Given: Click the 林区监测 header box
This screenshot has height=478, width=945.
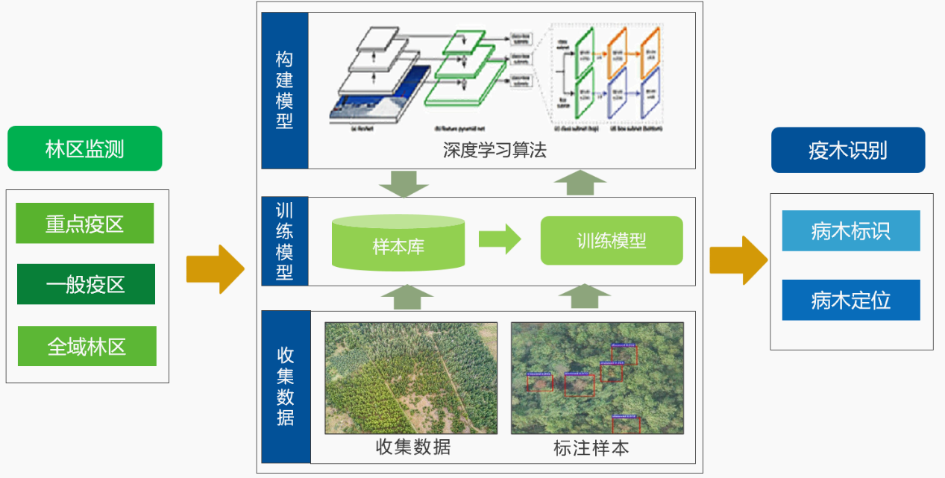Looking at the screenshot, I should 84,148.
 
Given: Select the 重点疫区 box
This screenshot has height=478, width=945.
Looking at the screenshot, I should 85,223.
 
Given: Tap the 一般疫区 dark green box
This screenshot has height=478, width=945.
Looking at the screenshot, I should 86,284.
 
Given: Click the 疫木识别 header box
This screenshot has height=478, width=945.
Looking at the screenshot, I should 848,150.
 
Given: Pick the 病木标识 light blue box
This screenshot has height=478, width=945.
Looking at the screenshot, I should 850,230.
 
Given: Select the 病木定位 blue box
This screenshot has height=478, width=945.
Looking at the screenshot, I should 850,300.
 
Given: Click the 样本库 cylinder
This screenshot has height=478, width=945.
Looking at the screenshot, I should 398,243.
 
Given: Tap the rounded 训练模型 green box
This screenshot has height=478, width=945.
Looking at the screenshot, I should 611,241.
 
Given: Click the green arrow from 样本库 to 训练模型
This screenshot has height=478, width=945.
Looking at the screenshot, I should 499,239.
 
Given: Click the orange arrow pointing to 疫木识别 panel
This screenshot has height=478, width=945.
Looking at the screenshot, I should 738,260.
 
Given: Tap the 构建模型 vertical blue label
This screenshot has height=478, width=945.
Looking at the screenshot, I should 284,89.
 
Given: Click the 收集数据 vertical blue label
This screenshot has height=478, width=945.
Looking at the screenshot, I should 285,386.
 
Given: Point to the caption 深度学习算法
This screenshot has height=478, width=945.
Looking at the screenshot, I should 495,151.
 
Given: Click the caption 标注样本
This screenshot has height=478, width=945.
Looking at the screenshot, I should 591,447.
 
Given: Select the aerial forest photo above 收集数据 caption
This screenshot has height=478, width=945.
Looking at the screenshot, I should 411,377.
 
